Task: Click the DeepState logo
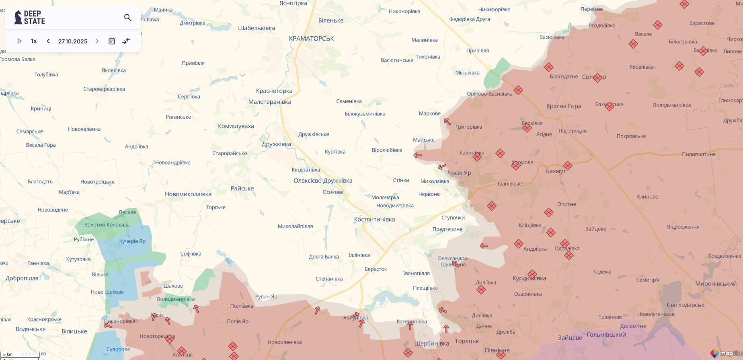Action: click(30, 18)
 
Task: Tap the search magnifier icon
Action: click(128, 18)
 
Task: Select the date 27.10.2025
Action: click(73, 41)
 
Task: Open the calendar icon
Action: click(112, 41)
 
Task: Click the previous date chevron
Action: click(48, 41)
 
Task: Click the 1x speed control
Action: click(34, 41)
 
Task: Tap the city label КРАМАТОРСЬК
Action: click(312, 39)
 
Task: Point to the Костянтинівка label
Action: click(374, 219)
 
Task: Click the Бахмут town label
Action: click(556, 171)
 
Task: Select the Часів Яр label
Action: click(460, 173)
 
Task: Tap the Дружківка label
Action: click(276, 144)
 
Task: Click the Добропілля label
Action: click(22, 278)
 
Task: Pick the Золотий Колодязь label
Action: click(107, 224)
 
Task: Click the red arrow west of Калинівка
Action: click(418, 155)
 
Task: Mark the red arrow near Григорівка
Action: click(447, 121)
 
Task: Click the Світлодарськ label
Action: click(686, 305)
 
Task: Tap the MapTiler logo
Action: click(726, 353)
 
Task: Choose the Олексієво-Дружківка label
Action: click(323, 181)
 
